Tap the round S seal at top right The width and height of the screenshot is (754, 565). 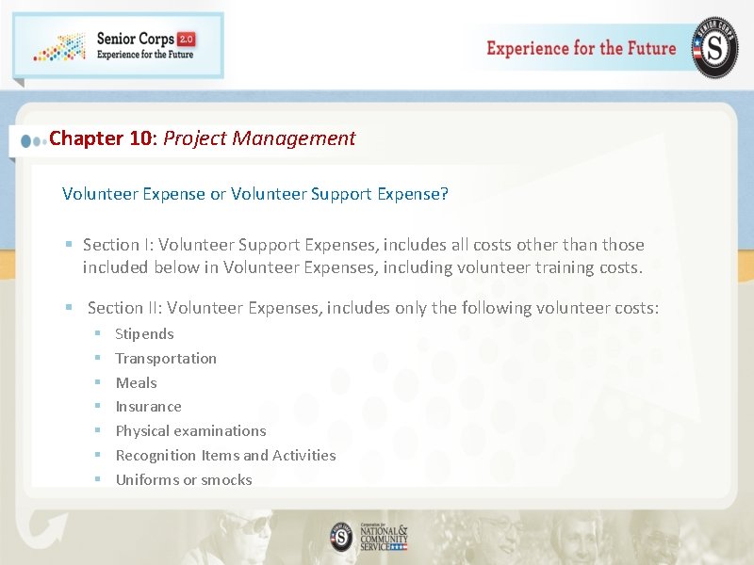coord(715,47)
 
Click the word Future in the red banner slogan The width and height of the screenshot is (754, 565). coord(646,48)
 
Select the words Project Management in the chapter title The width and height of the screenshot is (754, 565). coord(259,138)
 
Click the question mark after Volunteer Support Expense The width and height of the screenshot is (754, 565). coord(444,194)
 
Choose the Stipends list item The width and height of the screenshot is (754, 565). coord(144,334)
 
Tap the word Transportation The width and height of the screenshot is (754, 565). coord(166,359)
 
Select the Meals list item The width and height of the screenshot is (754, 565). coord(136,383)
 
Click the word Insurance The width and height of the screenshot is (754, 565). coord(148,407)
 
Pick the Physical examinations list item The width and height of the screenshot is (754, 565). coord(190,431)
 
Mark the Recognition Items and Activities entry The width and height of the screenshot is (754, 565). coord(225,456)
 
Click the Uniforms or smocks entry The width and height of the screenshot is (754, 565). coord(184,480)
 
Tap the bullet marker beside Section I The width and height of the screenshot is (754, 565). coord(69,245)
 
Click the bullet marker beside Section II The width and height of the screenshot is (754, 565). coord(69,308)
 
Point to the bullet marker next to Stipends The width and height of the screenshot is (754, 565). coord(97,334)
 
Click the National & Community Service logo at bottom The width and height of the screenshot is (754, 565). coord(369,537)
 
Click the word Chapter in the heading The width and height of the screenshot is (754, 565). coord(86,138)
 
